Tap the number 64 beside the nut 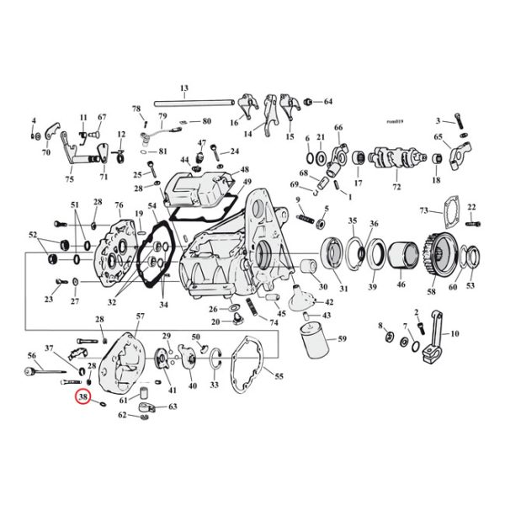click(328, 102)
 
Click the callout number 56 click(32, 355)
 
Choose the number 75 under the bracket click(69, 178)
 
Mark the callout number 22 click(471, 206)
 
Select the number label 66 click(338, 128)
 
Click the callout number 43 click(327, 315)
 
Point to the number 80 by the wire click(206, 121)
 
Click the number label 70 click(46, 153)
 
